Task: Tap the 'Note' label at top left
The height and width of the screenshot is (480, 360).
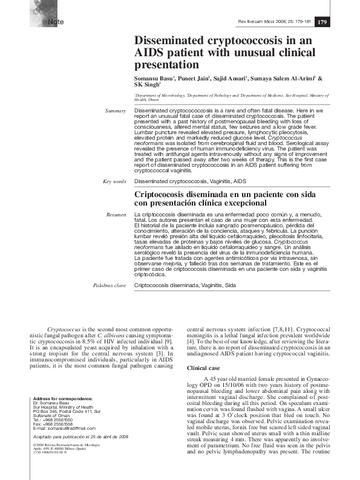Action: point(48,22)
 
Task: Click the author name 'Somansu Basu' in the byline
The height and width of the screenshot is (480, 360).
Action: point(154,79)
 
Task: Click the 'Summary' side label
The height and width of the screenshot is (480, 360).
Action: point(115,111)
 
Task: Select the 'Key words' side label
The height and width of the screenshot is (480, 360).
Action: point(114,181)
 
